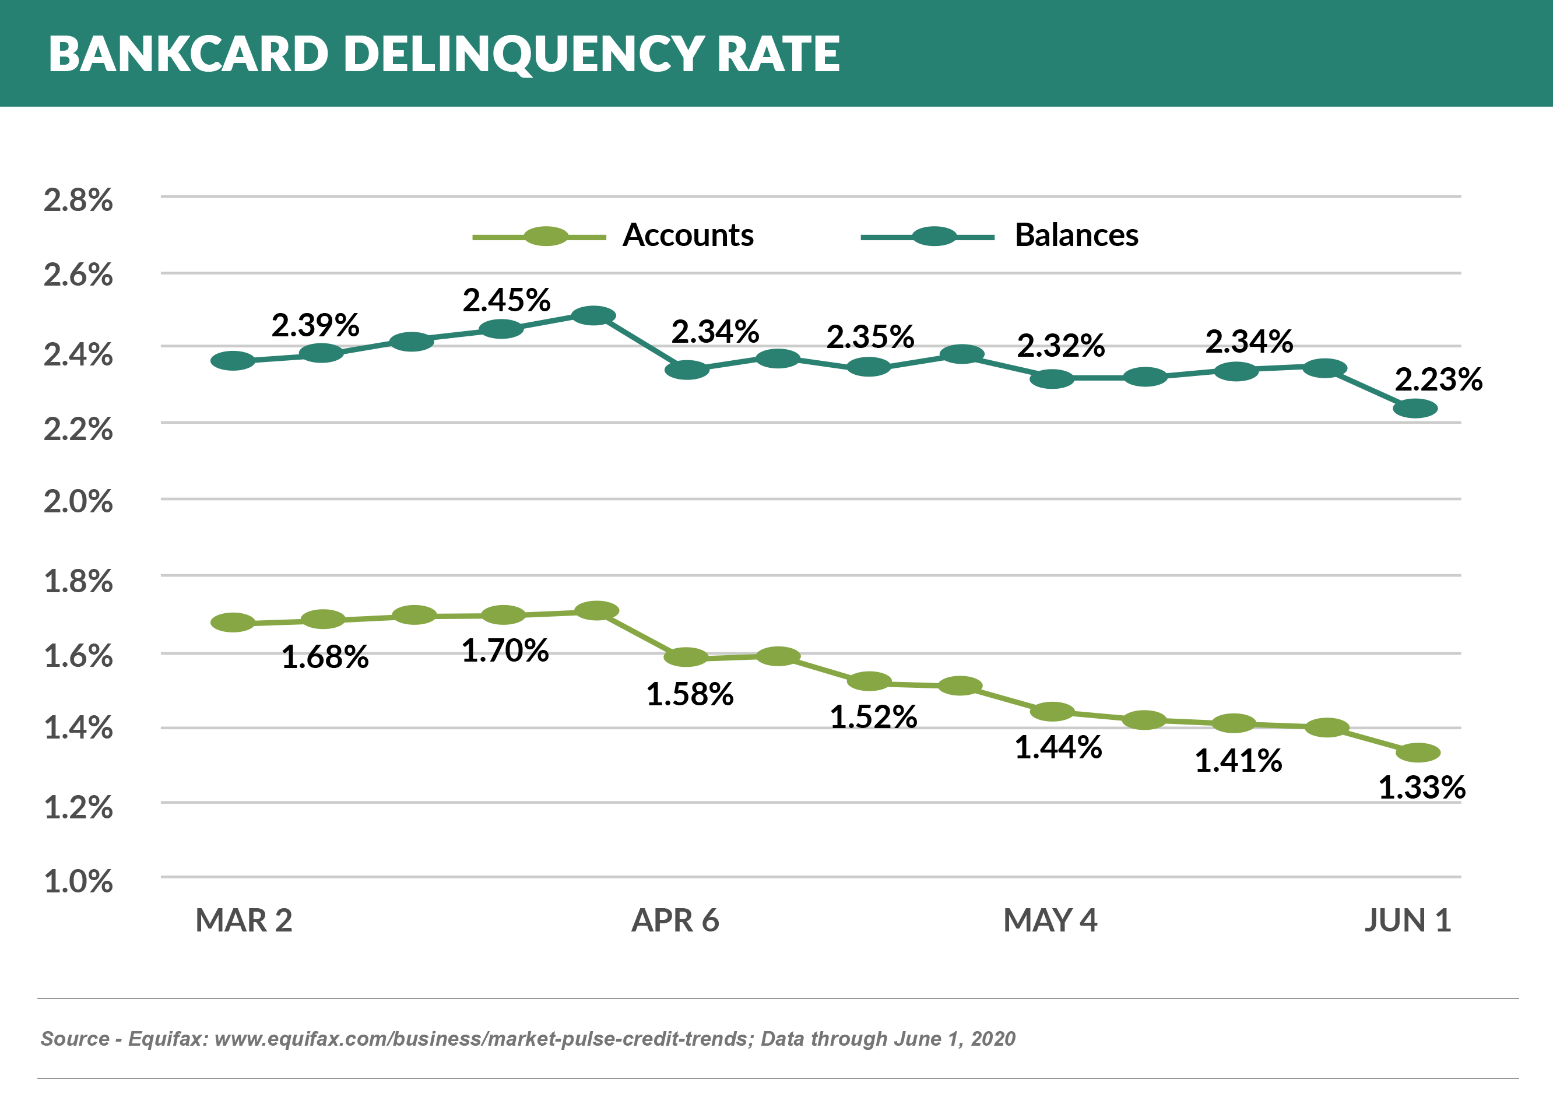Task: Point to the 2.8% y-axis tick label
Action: pos(78,200)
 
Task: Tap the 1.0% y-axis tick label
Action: pos(78,881)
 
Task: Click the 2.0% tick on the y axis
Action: pos(78,502)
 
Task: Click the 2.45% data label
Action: pos(506,300)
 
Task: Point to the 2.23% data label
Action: pos(1438,379)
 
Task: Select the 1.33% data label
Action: pos(1421,787)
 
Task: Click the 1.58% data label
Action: pos(690,694)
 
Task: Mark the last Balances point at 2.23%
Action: pos(1415,409)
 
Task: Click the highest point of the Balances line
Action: pos(593,315)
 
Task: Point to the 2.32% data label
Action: pos(1060,346)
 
